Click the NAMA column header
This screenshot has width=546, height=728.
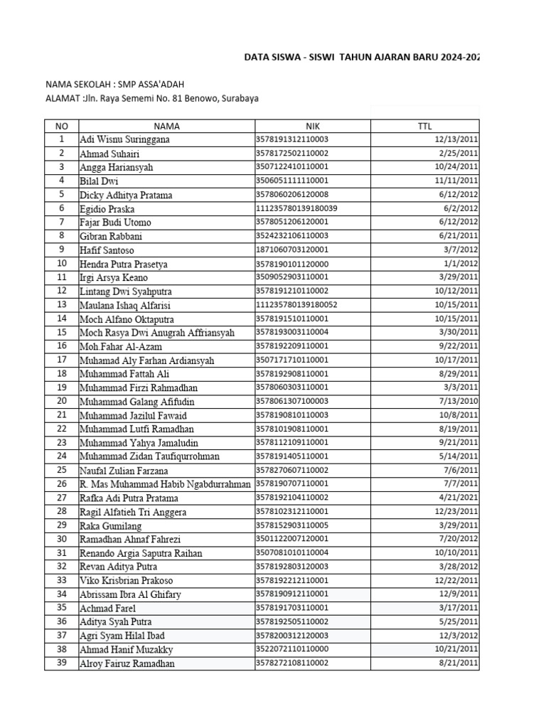pyautogui.click(x=166, y=126)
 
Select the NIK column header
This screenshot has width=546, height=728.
pyautogui.click(x=313, y=126)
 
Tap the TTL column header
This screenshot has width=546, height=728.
pyautogui.click(x=425, y=126)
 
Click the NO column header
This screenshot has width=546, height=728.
pyautogui.click(x=61, y=126)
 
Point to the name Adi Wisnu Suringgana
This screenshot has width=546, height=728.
pyautogui.click(x=125, y=140)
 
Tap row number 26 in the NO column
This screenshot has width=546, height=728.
pyautogui.click(x=61, y=484)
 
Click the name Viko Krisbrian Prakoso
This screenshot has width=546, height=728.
pyautogui.click(x=126, y=581)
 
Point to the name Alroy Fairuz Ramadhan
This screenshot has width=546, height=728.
pyautogui.click(x=127, y=664)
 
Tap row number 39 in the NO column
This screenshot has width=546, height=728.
pyautogui.click(x=61, y=663)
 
